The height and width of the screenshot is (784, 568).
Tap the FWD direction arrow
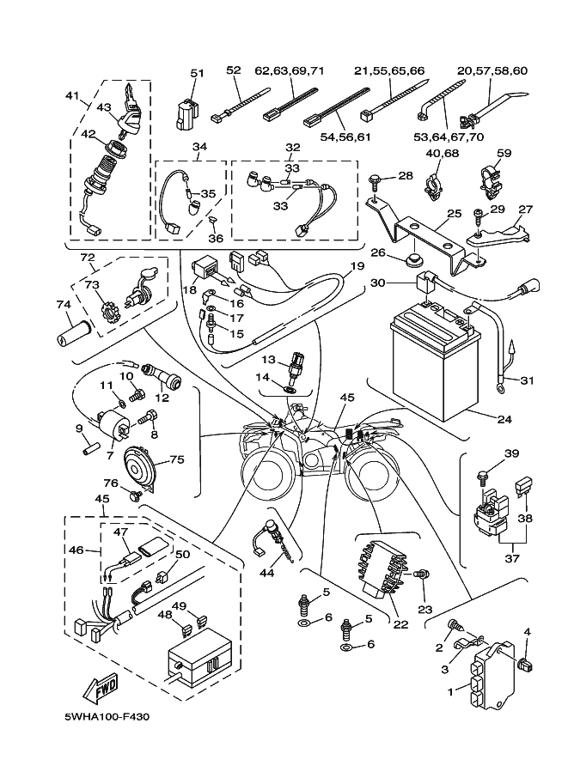pyautogui.click(x=101, y=686)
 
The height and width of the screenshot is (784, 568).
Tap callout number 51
pyautogui.click(x=197, y=73)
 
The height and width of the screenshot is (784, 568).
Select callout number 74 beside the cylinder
pyautogui.click(x=63, y=305)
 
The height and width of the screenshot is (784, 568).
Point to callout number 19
pyautogui.click(x=346, y=266)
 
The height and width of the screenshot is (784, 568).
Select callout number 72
pyautogui.click(x=88, y=258)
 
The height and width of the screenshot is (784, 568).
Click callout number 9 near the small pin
pyautogui.click(x=78, y=428)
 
